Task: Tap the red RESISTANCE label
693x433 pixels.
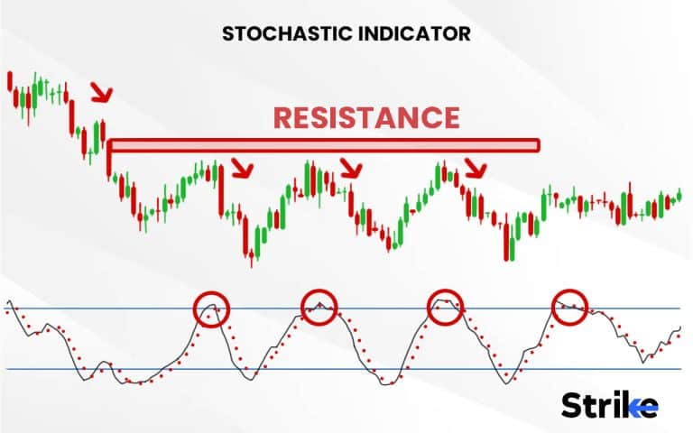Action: [366, 117]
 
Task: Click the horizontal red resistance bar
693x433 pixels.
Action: [325, 144]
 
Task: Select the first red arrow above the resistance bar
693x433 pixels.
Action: [102, 91]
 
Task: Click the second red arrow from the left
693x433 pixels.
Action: [242, 168]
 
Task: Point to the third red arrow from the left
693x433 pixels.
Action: [350, 167]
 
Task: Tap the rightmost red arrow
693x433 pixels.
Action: [476, 167]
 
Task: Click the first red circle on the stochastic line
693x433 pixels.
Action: [212, 309]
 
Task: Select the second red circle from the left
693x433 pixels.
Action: [319, 307]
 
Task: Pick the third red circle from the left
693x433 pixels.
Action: [445, 306]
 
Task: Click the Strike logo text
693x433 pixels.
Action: [610, 405]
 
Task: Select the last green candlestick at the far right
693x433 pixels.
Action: [679, 194]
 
